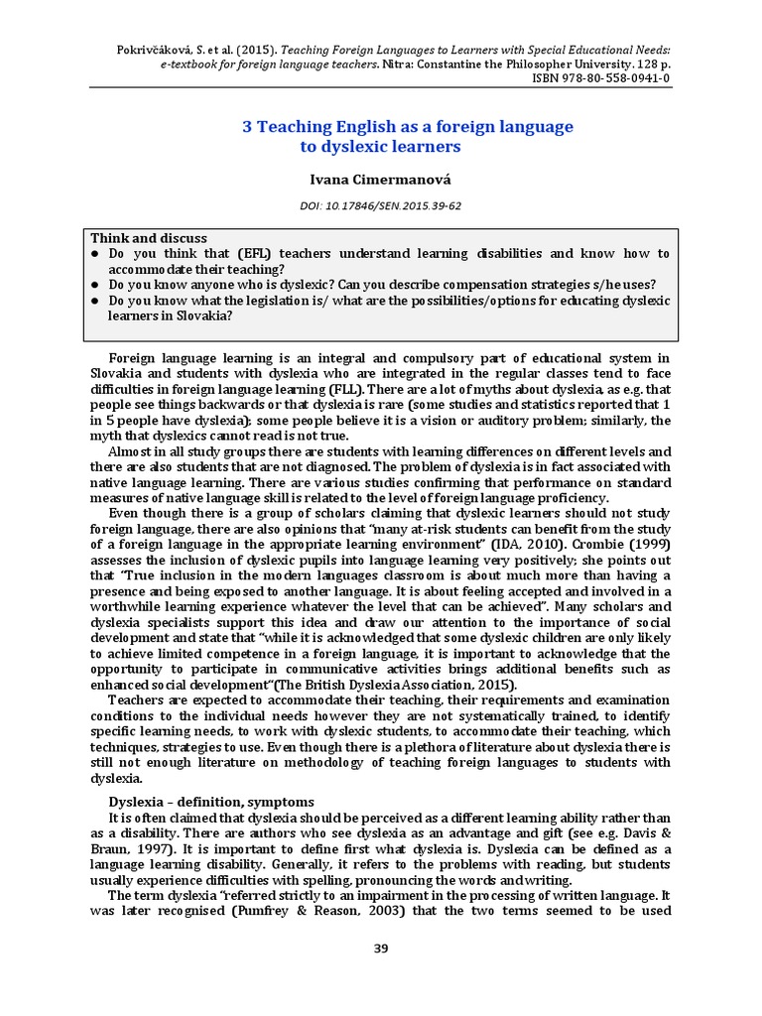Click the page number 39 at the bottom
coord(381,949)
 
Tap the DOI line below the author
coord(381,205)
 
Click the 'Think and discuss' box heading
coord(149,238)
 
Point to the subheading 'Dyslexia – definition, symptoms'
coord(210,801)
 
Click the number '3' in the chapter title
coord(249,127)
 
